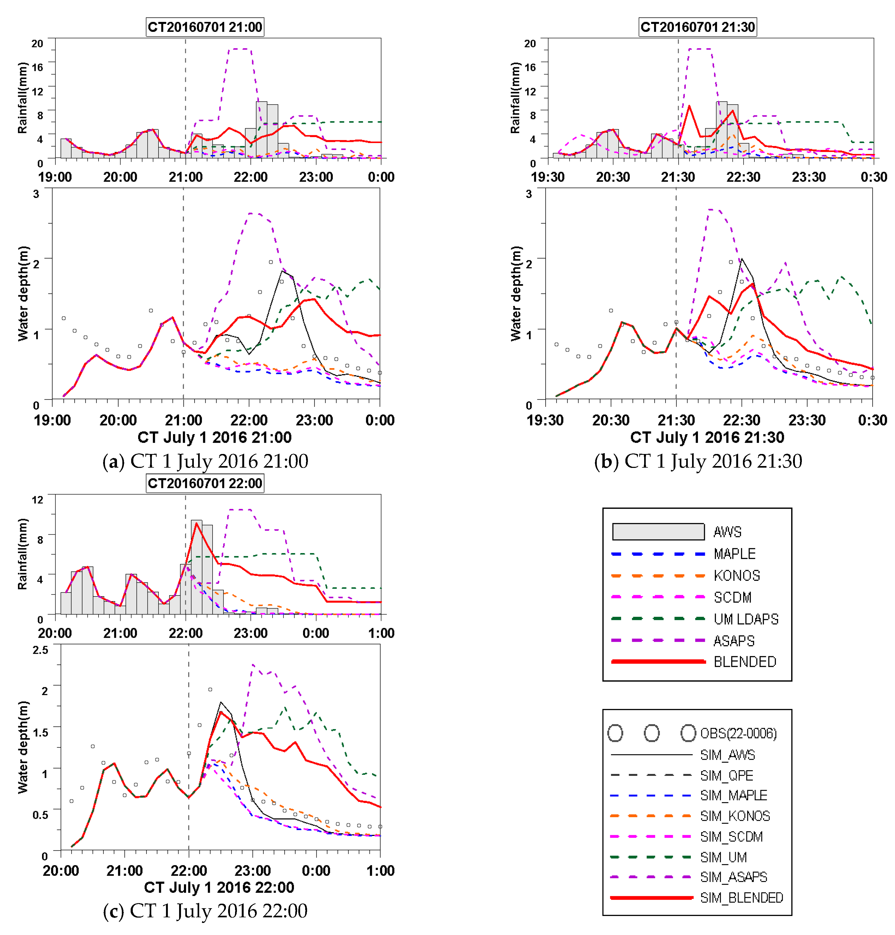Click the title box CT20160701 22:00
(205, 483)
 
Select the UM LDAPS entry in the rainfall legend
(745, 619)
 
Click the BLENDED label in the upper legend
(744, 662)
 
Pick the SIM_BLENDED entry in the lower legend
(741, 898)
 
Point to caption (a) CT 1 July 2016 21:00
(205, 461)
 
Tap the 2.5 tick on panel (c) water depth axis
(40, 650)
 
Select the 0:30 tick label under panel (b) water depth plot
(872, 420)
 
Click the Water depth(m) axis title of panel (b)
(515, 293)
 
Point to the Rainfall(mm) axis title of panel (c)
(22, 554)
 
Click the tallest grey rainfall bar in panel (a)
(261, 129)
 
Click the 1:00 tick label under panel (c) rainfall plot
(381, 633)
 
